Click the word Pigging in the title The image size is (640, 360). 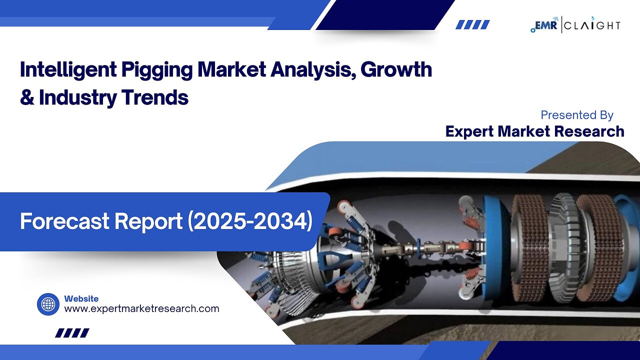[157, 70]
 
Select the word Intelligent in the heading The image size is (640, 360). [68, 69]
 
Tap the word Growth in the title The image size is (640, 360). [396, 69]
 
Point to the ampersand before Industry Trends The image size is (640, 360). [27, 97]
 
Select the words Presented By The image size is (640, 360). [577, 115]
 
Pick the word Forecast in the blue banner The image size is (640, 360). [64, 221]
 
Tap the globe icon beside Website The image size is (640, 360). [48, 304]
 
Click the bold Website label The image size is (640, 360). [81, 299]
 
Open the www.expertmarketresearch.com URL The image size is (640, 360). [141, 309]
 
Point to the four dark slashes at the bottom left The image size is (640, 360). [72, 333]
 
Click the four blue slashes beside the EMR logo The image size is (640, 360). [472, 24]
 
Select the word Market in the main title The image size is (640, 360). [231, 69]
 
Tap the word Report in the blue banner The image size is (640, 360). [148, 221]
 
